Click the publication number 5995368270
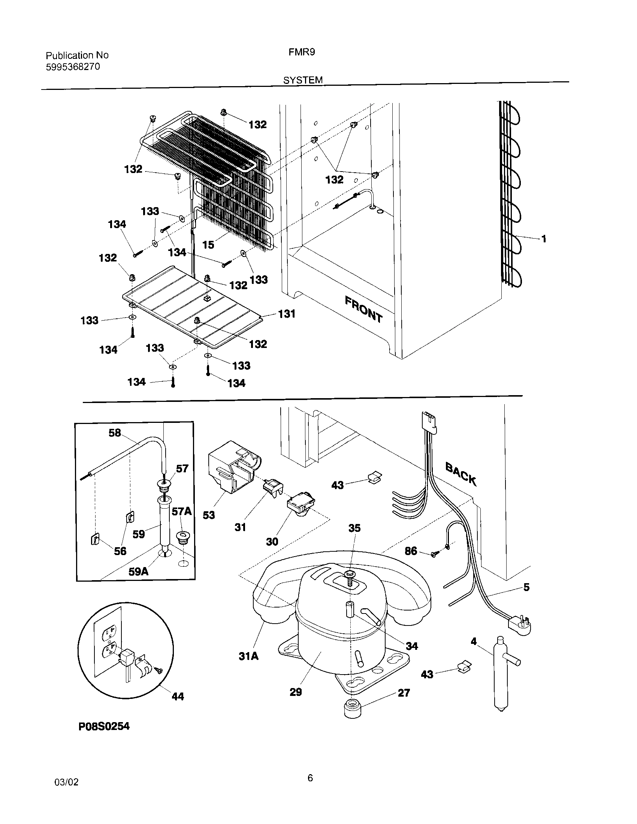point(73,67)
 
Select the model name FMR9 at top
point(301,52)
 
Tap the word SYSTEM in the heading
point(303,80)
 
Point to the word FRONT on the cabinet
point(364,309)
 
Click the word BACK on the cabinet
point(461,473)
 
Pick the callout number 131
point(286,313)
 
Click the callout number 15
point(208,245)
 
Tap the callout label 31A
point(248,656)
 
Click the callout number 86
point(411,551)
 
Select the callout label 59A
point(138,572)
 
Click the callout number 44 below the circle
point(177,697)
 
